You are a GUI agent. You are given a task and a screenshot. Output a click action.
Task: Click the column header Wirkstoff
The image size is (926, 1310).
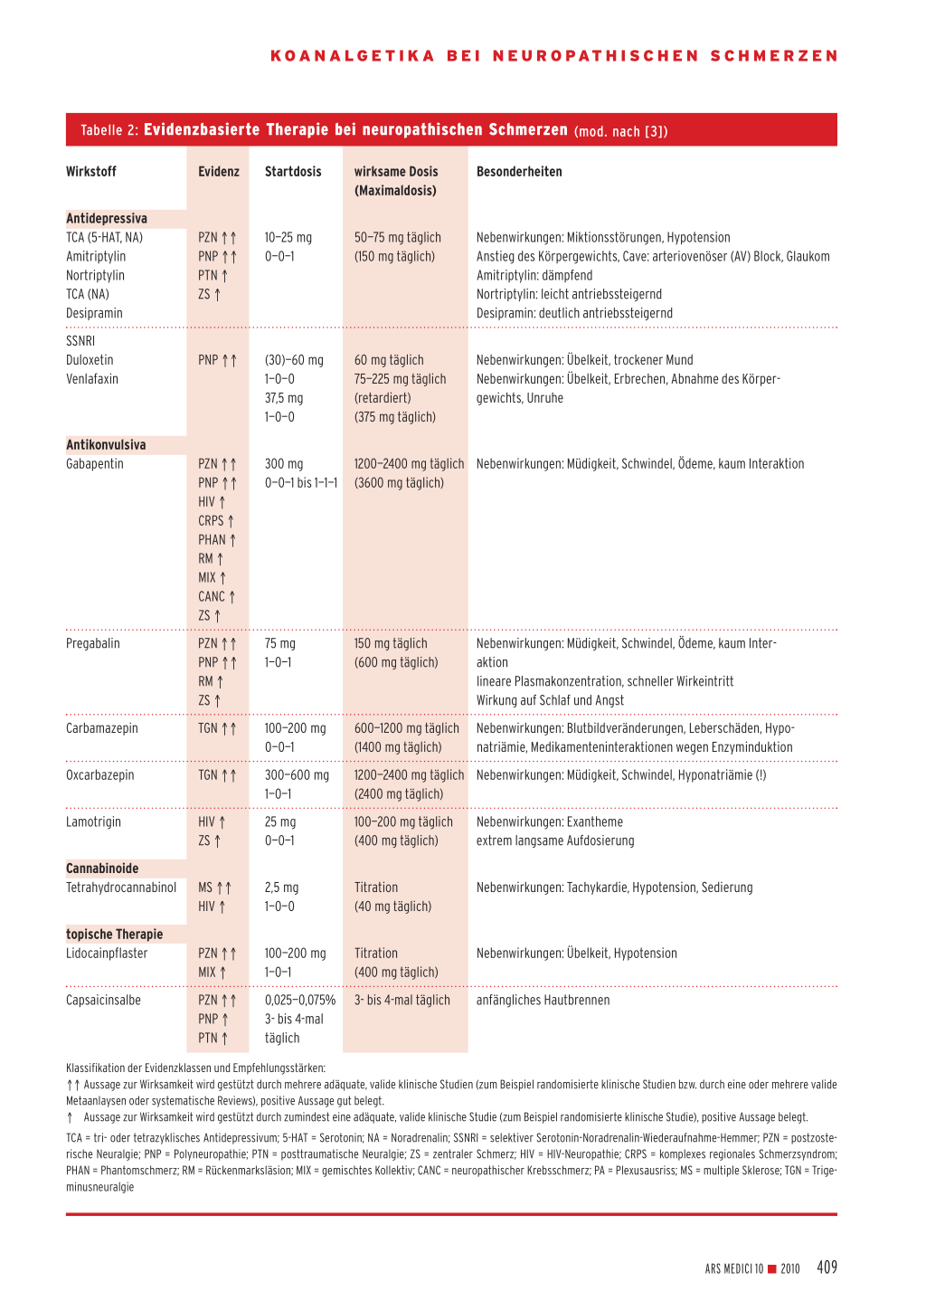point(91,172)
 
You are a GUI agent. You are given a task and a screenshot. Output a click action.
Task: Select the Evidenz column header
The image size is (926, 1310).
point(219,172)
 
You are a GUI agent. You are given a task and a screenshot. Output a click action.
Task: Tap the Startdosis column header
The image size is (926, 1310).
point(293,172)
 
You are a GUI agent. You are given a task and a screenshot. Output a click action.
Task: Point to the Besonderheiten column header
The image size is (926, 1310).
point(519,172)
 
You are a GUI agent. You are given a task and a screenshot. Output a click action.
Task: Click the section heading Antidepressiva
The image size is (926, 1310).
point(107,219)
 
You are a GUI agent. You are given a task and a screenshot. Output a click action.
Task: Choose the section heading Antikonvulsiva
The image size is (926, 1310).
point(106,445)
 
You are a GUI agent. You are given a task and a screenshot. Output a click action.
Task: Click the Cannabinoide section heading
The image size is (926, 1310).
point(102,869)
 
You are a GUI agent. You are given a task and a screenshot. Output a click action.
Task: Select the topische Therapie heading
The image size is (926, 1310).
point(115,935)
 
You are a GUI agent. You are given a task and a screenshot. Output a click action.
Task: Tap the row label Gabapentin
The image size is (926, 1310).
point(95,464)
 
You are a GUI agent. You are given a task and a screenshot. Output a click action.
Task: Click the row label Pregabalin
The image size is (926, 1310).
point(93,644)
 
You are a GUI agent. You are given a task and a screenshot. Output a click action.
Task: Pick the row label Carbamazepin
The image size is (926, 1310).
point(102,728)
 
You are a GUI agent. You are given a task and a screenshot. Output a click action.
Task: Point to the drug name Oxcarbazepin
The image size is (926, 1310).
point(100,775)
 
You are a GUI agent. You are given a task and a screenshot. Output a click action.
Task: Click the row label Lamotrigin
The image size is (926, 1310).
point(93,822)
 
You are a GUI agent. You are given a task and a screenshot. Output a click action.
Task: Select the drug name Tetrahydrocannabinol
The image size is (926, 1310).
point(121,888)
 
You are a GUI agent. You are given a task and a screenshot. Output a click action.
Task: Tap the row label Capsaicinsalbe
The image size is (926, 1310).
point(103,1001)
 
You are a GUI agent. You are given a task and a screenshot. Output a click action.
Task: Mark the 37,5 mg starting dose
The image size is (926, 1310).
point(284,398)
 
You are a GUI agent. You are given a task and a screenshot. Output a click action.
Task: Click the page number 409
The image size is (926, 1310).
point(827,1267)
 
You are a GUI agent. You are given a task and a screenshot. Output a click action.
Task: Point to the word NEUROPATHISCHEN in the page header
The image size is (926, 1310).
point(596,56)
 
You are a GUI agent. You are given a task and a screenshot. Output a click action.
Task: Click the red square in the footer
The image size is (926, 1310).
point(772,1268)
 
